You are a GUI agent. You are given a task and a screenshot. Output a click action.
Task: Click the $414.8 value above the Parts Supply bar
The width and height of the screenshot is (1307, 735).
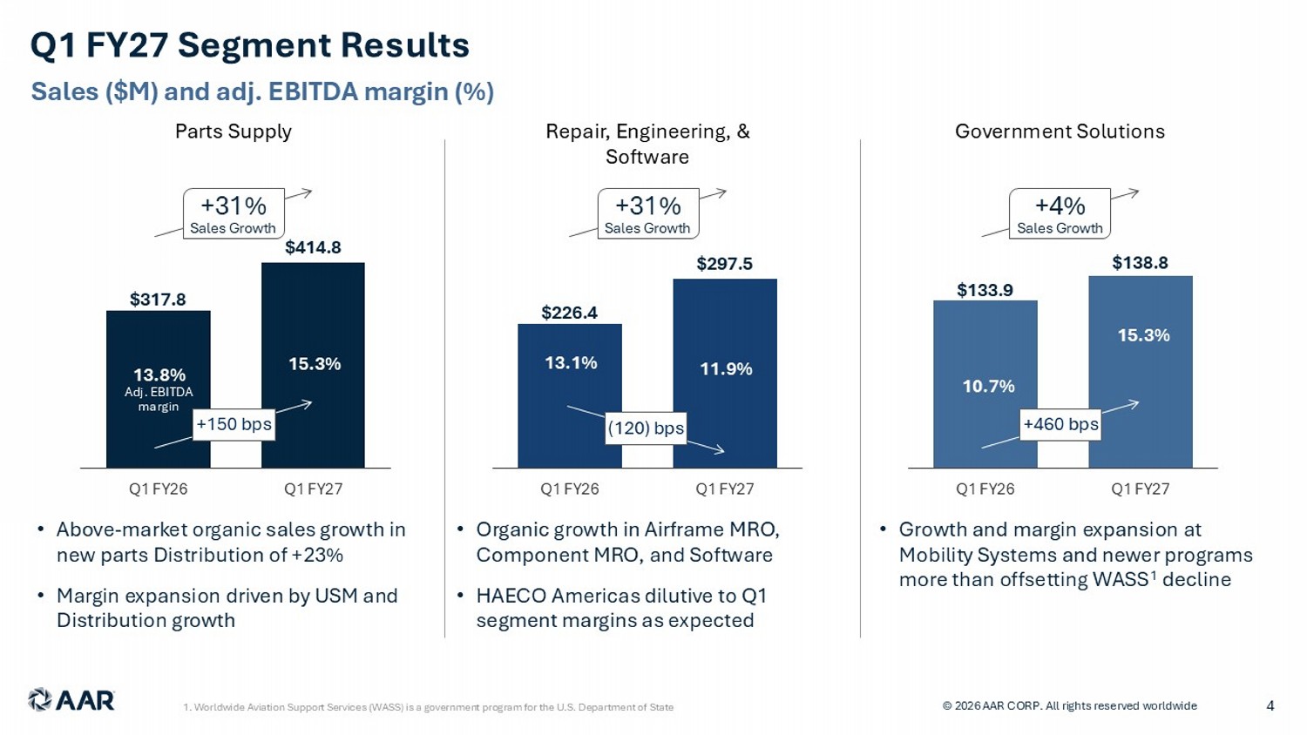313,247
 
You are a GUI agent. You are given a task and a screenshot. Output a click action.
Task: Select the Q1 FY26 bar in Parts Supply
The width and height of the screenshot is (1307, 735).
158,389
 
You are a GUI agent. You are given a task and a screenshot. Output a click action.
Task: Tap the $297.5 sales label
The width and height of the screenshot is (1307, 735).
725,264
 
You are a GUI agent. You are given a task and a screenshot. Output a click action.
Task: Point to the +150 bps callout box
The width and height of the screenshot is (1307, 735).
234,424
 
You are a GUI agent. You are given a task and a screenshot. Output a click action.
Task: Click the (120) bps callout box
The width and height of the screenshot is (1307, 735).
646,428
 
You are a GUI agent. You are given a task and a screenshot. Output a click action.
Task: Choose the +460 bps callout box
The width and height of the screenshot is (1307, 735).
1060,424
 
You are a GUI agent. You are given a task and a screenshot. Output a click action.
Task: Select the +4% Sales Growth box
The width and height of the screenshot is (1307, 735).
1060,213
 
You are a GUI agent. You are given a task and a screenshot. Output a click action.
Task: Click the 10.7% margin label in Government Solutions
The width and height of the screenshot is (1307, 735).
988,386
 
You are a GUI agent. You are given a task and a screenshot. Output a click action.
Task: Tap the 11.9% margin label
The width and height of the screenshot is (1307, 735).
726,368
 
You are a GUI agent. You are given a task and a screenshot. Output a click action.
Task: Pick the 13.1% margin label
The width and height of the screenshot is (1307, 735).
571,363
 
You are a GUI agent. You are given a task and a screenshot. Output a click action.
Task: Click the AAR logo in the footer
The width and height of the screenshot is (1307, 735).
71,700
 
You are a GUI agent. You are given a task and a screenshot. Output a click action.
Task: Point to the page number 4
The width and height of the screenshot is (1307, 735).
1270,706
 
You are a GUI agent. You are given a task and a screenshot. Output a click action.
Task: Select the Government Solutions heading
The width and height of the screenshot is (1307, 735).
1060,131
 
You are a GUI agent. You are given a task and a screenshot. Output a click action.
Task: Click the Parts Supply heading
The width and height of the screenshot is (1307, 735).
234,131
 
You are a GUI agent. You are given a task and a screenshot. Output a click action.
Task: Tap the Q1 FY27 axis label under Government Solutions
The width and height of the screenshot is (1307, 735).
1140,489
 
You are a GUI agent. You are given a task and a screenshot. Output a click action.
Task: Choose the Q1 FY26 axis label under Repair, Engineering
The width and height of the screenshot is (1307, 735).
570,489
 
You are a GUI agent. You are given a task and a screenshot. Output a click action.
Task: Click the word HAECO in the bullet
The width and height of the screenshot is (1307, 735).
511,596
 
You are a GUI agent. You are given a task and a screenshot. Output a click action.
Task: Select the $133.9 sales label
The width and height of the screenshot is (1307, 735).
985,290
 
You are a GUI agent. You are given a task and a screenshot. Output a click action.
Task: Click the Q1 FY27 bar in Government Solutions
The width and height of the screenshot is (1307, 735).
1141,372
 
